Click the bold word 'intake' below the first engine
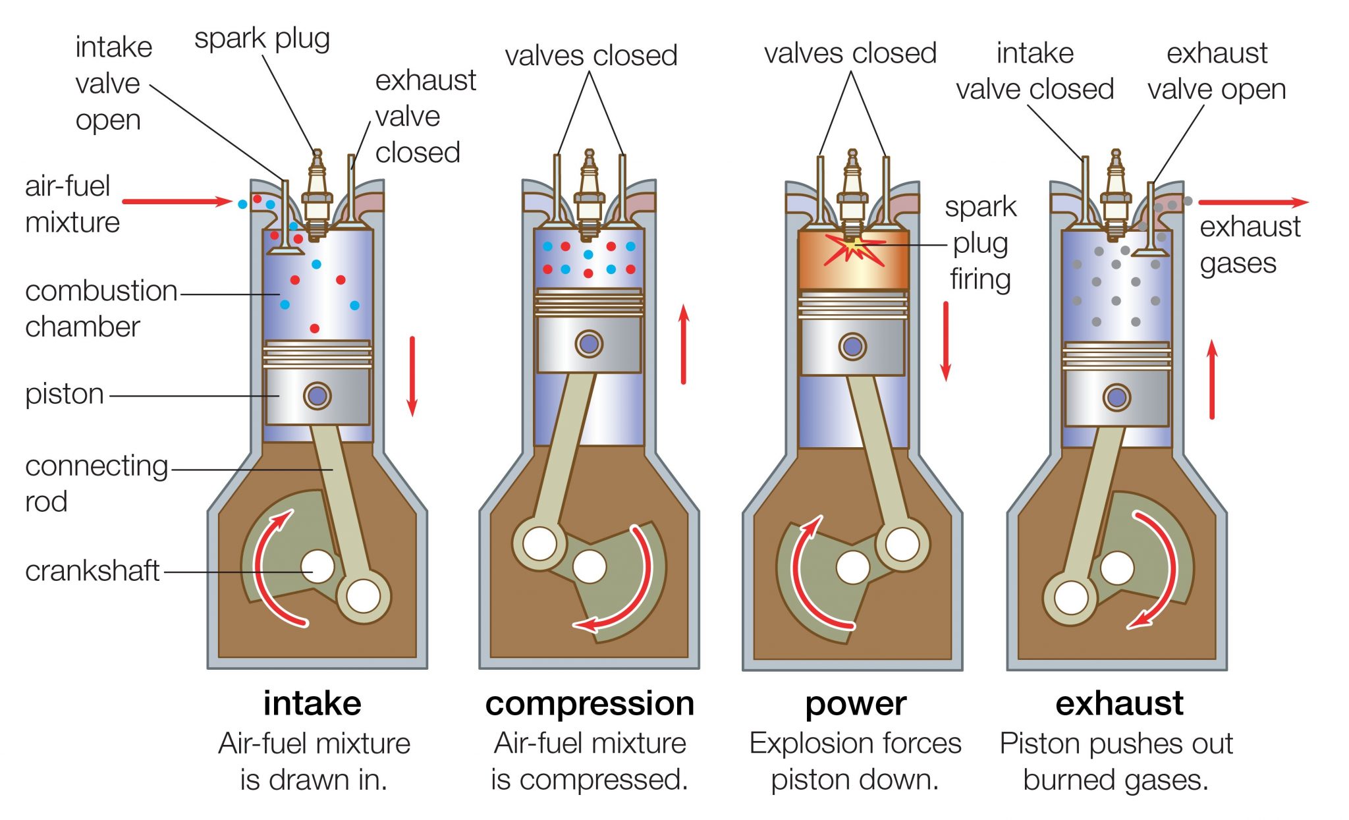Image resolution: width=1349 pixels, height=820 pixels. pos(312,703)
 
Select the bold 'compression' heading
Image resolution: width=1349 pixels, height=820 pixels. pos(590,703)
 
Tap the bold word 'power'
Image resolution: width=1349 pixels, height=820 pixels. pos(855,703)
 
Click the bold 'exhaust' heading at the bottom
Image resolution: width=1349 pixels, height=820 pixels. pos(1119,703)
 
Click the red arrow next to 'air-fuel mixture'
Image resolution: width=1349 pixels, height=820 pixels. pos(177,202)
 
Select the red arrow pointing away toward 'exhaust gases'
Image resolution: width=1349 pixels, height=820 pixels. pos(1252,202)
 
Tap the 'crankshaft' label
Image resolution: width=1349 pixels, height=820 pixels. pos(92,570)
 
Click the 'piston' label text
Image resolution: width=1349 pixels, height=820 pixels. pos(65,394)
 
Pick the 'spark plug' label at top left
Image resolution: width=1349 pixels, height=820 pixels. pos(262,38)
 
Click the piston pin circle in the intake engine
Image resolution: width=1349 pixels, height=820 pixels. pos(317,396)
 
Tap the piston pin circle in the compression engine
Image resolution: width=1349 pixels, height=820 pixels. pos(588,343)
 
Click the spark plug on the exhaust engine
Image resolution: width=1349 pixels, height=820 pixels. pos(1115,194)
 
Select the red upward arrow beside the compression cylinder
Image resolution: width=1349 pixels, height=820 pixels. pos(684,344)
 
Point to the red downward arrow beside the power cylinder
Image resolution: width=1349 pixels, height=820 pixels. pos(946,341)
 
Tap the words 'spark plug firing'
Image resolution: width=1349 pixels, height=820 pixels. pos(980,243)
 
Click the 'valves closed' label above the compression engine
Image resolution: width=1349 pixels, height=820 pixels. pos(591,55)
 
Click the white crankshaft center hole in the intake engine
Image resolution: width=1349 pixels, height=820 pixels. pos(317,566)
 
